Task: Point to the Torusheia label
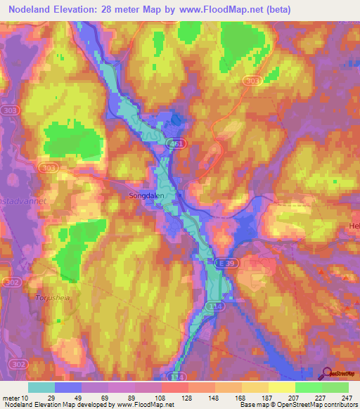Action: point(50,297)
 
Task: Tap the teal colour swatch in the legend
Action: point(41,387)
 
